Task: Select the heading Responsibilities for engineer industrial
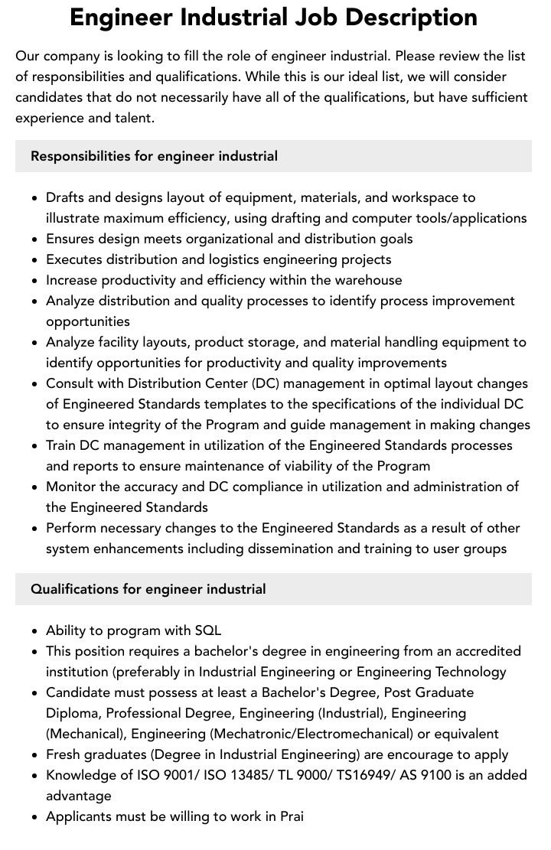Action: click(154, 156)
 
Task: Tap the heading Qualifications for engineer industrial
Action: click(148, 589)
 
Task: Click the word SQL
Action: click(207, 630)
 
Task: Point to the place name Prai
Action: click(292, 816)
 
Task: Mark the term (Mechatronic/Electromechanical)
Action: click(320, 734)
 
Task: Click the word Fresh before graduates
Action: click(64, 754)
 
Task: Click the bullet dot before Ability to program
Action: click(35, 631)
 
